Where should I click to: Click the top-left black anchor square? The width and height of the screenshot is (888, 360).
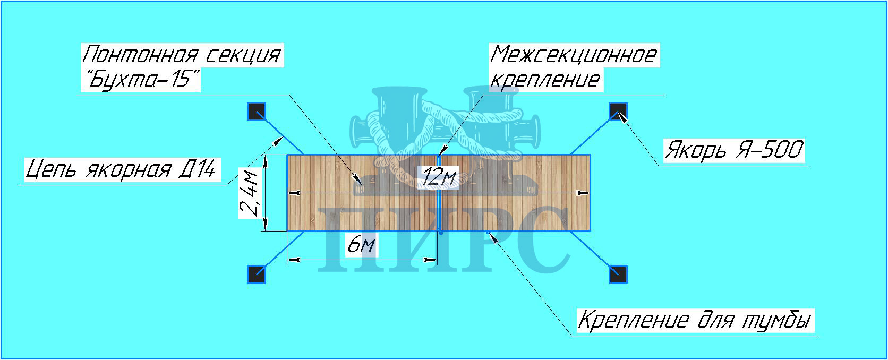[257, 112]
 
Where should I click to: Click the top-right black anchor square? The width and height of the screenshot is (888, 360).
[617, 112]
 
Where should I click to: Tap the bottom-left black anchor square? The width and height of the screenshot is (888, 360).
[257, 274]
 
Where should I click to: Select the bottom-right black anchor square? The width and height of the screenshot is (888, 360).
[617, 274]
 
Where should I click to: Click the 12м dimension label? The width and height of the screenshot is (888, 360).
[438, 177]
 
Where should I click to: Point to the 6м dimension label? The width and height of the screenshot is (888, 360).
[361, 245]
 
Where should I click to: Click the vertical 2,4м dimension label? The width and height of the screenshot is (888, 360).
[250, 193]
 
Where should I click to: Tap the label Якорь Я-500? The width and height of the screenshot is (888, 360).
[733, 150]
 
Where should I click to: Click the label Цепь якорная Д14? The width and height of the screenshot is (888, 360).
[122, 170]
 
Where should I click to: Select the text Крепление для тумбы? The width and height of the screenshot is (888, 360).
[695, 321]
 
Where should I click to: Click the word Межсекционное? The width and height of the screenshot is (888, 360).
[574, 55]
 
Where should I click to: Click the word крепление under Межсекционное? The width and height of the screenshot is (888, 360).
[545, 80]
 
